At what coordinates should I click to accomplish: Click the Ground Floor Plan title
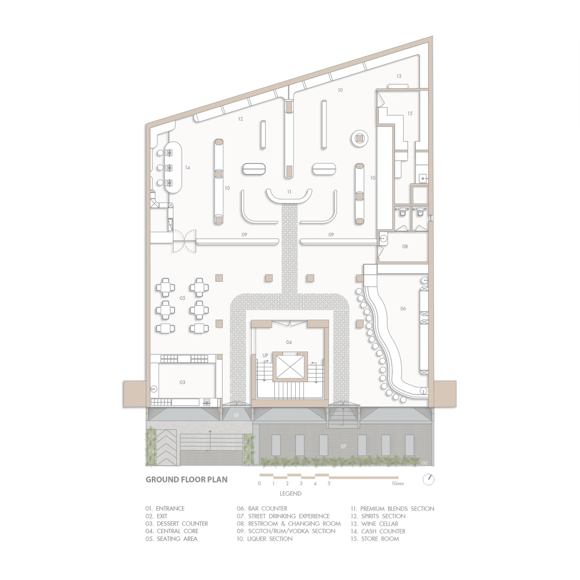point(186,480)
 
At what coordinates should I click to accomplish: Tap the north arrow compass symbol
point(429,480)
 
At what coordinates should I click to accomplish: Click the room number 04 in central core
point(289,342)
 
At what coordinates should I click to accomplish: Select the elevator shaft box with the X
point(291,367)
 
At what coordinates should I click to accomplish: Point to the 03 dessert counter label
point(182,382)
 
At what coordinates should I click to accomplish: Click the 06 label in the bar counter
point(403,308)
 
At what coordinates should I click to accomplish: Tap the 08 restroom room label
point(405,246)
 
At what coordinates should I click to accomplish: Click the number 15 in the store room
point(409,113)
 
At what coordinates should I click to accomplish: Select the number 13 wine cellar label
point(399,76)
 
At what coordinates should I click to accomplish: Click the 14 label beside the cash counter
point(187,168)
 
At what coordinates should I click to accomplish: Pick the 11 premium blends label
point(289,191)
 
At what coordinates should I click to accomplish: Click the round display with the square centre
point(360,139)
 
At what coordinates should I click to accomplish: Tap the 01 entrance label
point(237,415)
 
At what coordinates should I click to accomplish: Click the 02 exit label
point(425,463)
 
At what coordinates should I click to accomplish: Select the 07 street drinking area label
point(343,447)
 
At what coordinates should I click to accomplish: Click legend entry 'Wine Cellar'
point(374,524)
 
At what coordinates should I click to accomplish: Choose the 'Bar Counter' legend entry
point(262,509)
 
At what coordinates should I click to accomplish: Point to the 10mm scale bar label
point(398,484)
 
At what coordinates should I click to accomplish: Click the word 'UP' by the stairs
point(265,356)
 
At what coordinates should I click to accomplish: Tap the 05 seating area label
point(182,298)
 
